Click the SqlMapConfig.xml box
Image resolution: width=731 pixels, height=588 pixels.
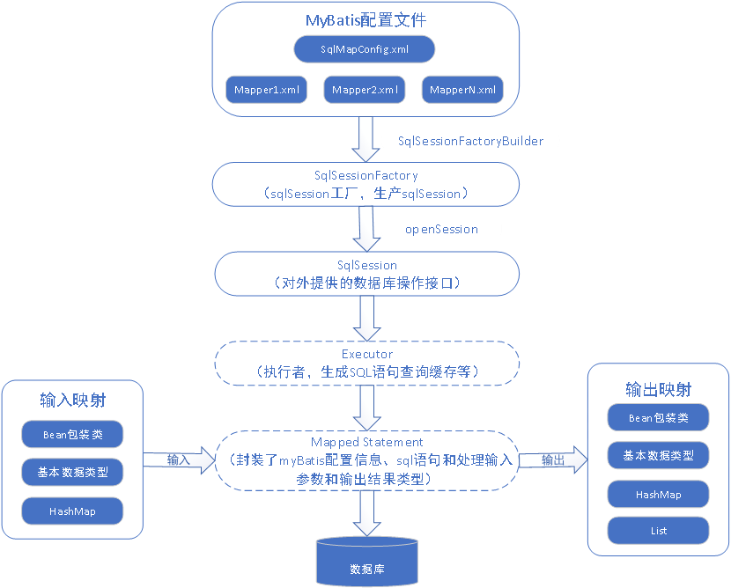click(365, 48)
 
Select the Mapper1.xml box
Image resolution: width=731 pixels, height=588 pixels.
click(267, 90)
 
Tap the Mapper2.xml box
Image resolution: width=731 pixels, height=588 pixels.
click(365, 90)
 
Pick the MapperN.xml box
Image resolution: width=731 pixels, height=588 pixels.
click(462, 90)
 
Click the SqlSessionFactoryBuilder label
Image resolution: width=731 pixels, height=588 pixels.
click(470, 141)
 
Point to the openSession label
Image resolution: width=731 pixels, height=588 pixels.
click(441, 229)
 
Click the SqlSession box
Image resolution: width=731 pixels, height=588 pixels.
click(366, 274)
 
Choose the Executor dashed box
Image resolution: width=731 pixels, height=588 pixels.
click(366, 363)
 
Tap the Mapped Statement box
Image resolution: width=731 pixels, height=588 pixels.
click(366, 460)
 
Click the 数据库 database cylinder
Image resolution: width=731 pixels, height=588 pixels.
click(366, 562)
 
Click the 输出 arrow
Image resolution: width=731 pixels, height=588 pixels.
click(553, 459)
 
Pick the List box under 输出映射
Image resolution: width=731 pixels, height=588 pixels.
click(659, 530)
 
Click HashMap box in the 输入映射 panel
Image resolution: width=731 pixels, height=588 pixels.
click(72, 511)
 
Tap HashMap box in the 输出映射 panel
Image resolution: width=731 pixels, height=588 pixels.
click(659, 494)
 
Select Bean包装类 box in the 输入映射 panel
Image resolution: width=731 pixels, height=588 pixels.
click(72, 434)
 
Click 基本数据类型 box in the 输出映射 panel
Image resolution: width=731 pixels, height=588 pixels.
click(659, 455)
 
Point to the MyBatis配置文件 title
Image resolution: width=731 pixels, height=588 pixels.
click(365, 19)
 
